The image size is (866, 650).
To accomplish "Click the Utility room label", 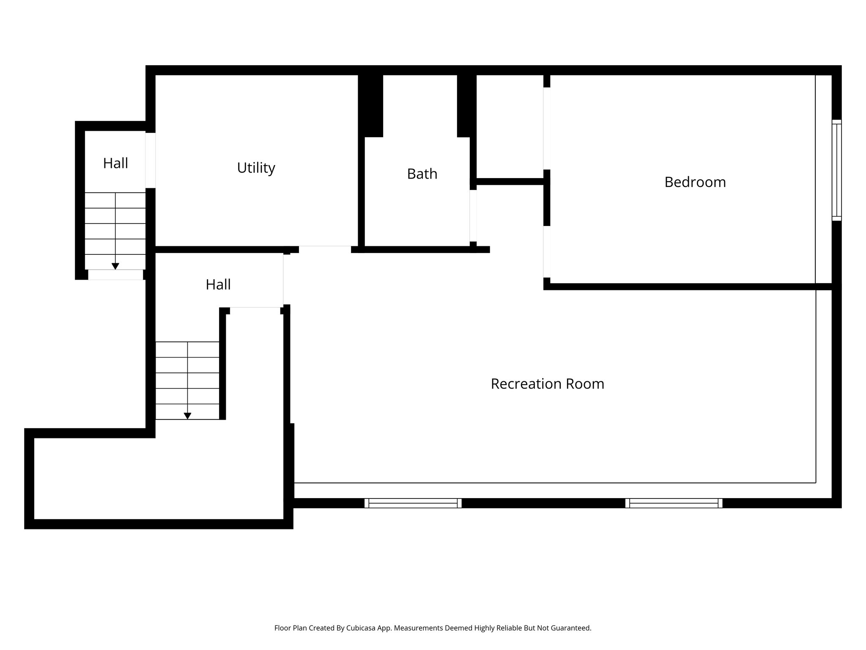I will [x=256, y=168].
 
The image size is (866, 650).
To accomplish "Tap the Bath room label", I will [x=422, y=174].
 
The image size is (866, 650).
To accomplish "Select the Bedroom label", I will [x=695, y=182].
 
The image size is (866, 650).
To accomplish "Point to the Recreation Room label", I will [x=547, y=384].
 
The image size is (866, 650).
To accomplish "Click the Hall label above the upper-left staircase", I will [x=115, y=163].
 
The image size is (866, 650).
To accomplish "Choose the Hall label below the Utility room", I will [x=218, y=285].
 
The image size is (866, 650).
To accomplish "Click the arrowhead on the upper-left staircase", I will [x=115, y=266].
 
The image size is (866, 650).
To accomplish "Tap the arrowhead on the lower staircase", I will [x=187, y=416].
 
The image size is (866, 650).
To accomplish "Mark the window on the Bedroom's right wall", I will [x=836, y=170].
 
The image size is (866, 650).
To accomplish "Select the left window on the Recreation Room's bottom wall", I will [x=413, y=503].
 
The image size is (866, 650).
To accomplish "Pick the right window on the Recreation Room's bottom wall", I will [x=674, y=503].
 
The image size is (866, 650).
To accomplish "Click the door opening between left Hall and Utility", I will [x=151, y=160].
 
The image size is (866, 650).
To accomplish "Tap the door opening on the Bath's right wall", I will [x=473, y=216].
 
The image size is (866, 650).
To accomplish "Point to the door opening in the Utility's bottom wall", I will [x=325, y=250].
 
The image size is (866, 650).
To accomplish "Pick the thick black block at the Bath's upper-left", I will [x=370, y=106].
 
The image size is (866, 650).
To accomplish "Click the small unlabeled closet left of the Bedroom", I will [x=510, y=127].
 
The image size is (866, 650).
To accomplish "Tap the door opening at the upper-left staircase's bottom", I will [x=115, y=275].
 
